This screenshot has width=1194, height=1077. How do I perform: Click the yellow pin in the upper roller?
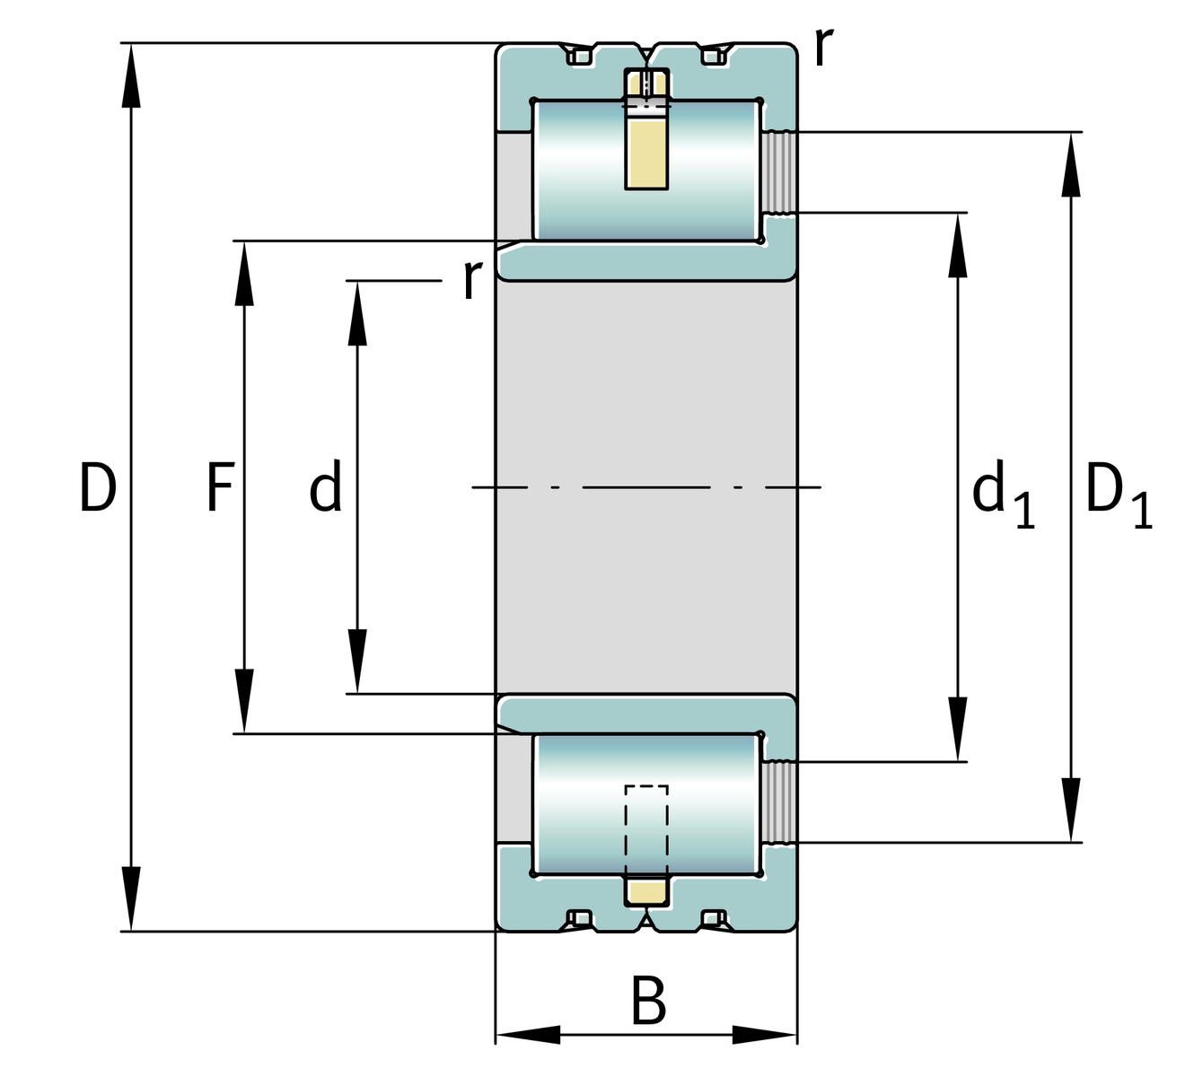coord(646,153)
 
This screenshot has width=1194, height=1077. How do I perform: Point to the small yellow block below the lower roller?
coord(646,892)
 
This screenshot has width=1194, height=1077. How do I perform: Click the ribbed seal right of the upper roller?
coord(779,172)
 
